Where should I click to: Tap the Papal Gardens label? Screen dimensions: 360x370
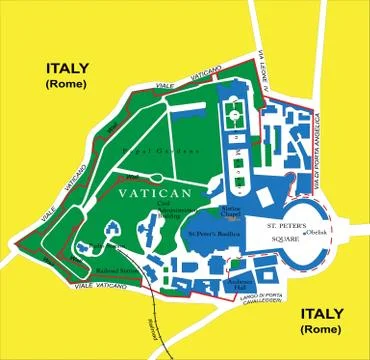[160, 149]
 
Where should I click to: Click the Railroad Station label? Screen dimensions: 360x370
[118, 269]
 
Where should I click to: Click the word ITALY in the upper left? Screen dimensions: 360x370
[66, 68]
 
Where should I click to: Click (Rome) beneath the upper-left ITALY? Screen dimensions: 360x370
[66, 86]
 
